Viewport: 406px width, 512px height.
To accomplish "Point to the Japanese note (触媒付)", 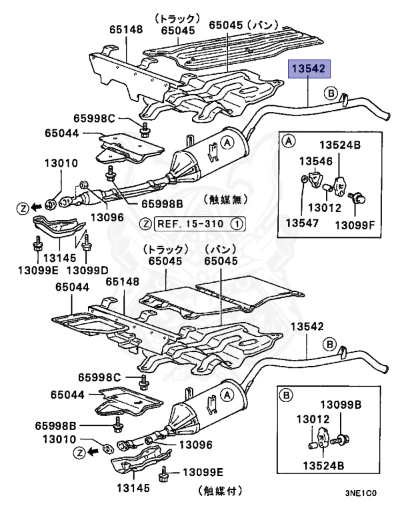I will [219, 491].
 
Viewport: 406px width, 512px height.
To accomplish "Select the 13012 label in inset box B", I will [308, 418].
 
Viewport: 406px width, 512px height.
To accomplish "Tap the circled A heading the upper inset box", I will [289, 140].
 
